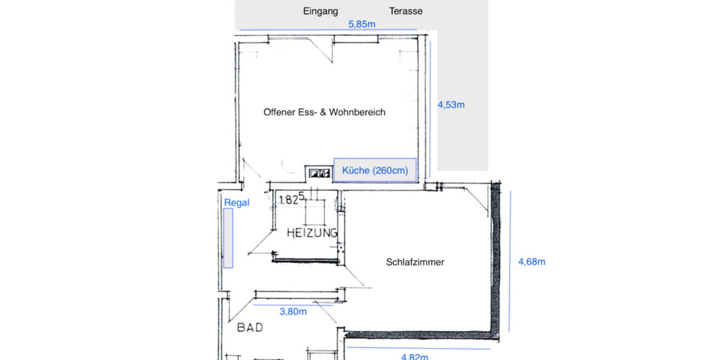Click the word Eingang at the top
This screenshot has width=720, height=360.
321,11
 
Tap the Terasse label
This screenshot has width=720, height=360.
406,11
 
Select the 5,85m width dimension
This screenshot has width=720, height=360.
362,25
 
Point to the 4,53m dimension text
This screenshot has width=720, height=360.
451,104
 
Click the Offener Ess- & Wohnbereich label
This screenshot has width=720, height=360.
324,112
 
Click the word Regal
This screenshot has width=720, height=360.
236,203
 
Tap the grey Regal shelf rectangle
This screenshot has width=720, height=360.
228,238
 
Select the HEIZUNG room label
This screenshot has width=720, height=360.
311,233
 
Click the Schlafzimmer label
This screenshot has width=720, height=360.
415,262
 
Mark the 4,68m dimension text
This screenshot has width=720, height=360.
531,262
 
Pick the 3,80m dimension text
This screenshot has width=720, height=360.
293,311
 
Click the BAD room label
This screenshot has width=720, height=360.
250,328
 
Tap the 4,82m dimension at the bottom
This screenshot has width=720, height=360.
414,356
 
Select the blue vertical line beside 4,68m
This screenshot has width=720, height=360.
509,262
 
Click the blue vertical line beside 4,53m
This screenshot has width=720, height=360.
430,108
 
